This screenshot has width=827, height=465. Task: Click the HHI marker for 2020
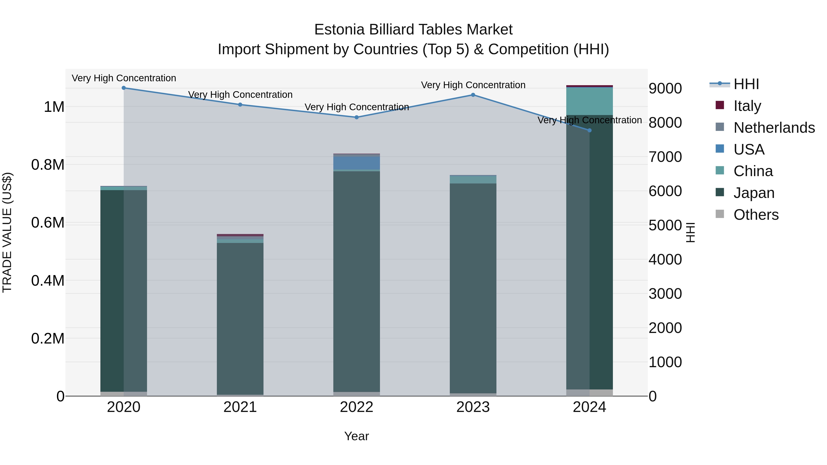pos(124,88)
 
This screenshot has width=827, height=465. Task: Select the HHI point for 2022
pos(356,117)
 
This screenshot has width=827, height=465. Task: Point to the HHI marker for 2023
pos(473,95)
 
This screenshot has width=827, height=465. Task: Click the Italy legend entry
pos(747,106)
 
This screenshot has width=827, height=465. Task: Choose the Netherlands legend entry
pos(774,128)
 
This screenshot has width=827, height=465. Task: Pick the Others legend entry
pos(756,215)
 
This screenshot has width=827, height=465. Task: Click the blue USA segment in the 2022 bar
pos(356,163)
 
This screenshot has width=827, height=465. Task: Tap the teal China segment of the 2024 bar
pos(589,101)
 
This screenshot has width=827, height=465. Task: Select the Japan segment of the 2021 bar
pos(240,318)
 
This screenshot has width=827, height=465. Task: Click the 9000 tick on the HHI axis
pos(665,89)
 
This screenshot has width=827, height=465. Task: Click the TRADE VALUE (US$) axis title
pos(7,232)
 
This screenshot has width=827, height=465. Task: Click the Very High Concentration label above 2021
pos(240,95)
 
